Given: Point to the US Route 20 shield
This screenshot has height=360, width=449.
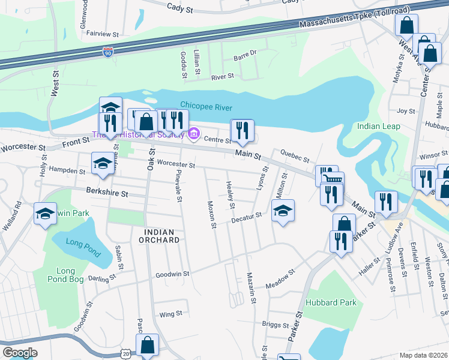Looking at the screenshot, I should (124, 354).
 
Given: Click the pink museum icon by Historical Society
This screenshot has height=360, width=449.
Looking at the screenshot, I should (194, 133).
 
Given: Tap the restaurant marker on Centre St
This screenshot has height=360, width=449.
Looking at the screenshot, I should (242, 131).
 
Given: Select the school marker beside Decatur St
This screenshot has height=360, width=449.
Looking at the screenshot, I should (283, 211).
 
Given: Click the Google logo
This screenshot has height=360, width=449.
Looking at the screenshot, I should (19, 353).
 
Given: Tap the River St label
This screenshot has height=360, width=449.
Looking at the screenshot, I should (222, 77).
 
